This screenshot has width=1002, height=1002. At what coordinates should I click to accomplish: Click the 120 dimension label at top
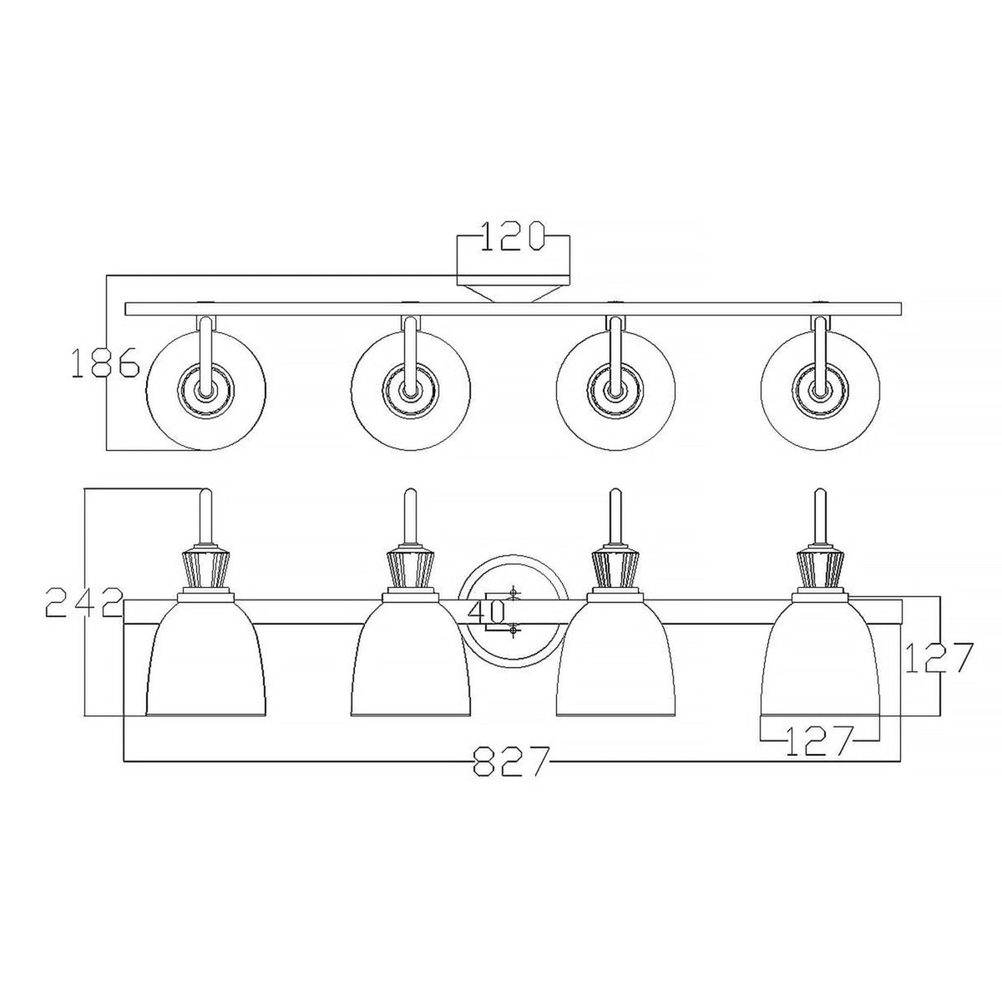[512, 237]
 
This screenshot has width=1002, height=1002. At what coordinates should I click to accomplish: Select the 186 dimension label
[104, 365]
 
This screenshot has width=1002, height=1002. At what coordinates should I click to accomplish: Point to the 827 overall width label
[511, 761]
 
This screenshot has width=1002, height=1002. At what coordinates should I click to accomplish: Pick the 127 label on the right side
[940, 658]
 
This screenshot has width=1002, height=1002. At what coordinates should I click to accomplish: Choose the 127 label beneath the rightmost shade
[819, 740]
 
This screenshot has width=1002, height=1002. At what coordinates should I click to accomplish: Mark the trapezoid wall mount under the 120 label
[513, 292]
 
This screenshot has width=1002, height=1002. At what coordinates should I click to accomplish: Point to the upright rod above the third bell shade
[615, 518]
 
